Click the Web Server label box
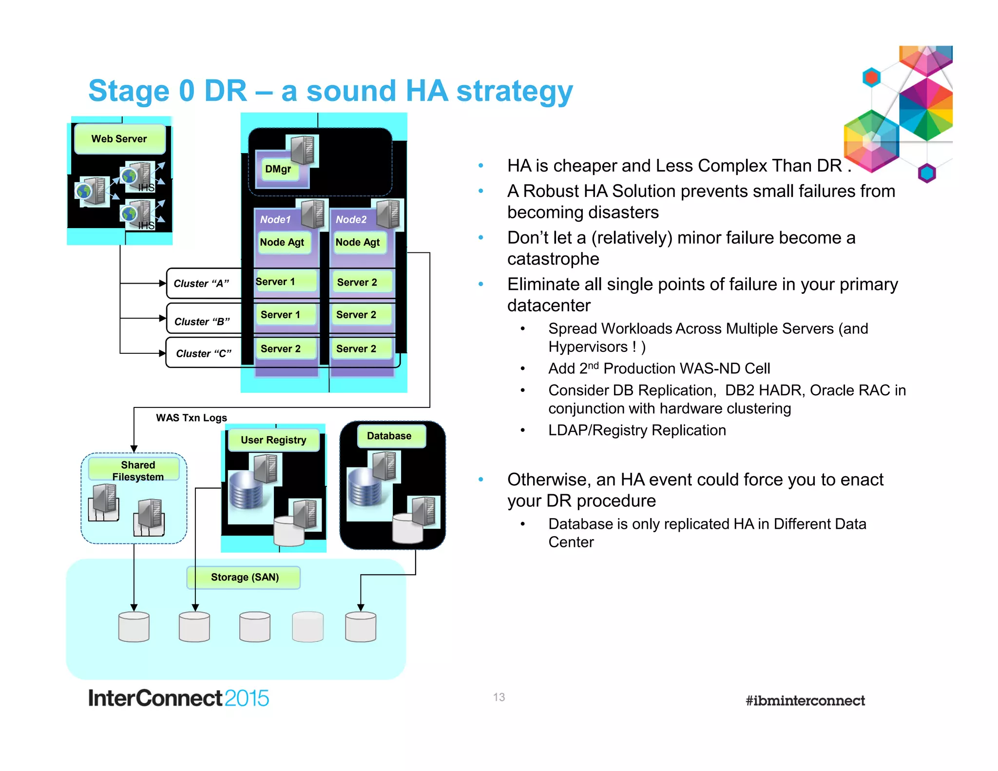click(119, 139)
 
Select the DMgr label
click(278, 169)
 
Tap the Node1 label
click(275, 220)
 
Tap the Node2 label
click(351, 220)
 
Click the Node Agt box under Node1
click(282, 242)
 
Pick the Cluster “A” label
click(201, 284)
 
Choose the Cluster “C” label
click(203, 353)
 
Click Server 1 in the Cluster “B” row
click(281, 315)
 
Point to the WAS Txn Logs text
click(192, 418)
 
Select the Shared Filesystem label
click(138, 470)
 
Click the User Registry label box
click(273, 440)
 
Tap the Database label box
click(389, 436)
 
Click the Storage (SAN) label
click(245, 578)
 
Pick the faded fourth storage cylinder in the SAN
click(307, 627)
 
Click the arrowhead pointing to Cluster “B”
click(163, 318)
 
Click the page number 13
click(499, 697)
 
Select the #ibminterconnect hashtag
click(805, 701)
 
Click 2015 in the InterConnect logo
click(247, 698)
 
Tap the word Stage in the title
click(129, 91)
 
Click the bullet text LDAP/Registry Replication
click(637, 430)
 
